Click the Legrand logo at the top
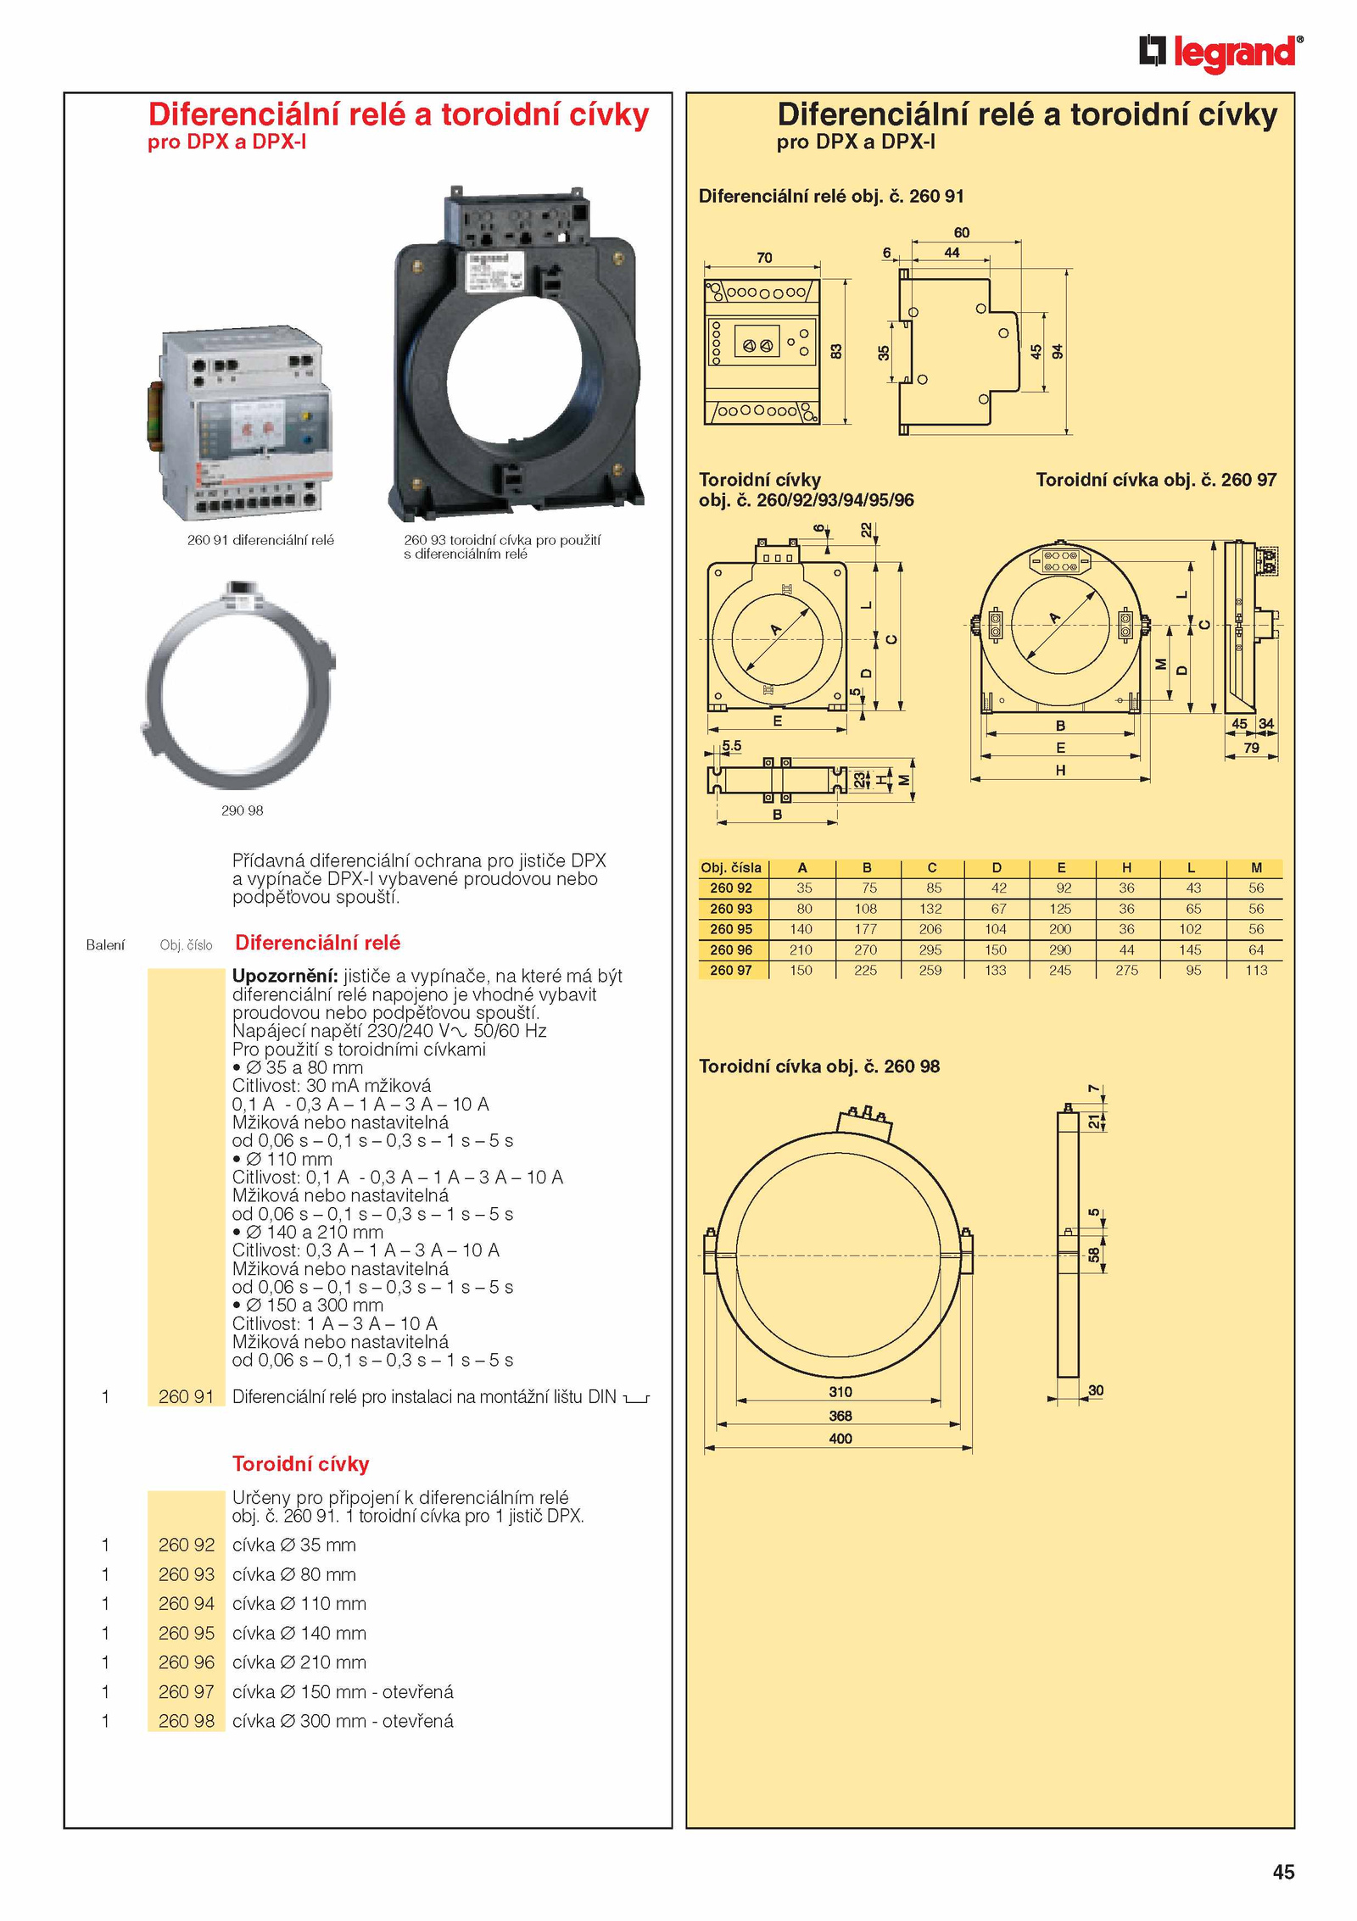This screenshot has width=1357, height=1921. pos(1221,53)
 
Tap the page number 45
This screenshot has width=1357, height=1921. pos(1283,1872)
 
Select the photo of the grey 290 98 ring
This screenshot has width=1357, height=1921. pos(238,684)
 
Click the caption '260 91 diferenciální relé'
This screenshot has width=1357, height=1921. pos(260,540)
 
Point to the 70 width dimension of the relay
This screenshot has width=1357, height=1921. pos(764,258)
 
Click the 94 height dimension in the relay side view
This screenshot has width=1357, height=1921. pos(1057,352)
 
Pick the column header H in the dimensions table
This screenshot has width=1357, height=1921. pos(1126,867)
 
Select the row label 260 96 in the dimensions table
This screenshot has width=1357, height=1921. pos(731,949)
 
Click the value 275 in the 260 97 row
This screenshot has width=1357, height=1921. pos(1126,970)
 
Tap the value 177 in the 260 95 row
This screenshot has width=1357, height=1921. pos(866,929)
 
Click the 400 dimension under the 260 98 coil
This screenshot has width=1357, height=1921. pos(840,1439)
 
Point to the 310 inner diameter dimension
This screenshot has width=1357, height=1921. pos(840,1392)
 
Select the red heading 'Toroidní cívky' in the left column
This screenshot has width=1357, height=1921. pos(301,1464)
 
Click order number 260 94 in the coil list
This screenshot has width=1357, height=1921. pos(187,1603)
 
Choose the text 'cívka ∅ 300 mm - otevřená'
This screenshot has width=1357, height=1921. pos(343,1721)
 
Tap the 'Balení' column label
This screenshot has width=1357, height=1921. pos(105,945)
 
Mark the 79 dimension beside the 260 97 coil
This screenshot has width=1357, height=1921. pos(1251,749)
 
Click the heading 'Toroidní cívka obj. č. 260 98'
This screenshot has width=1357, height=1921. pos(819,1066)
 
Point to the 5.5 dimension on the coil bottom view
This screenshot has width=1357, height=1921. pos(731,746)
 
